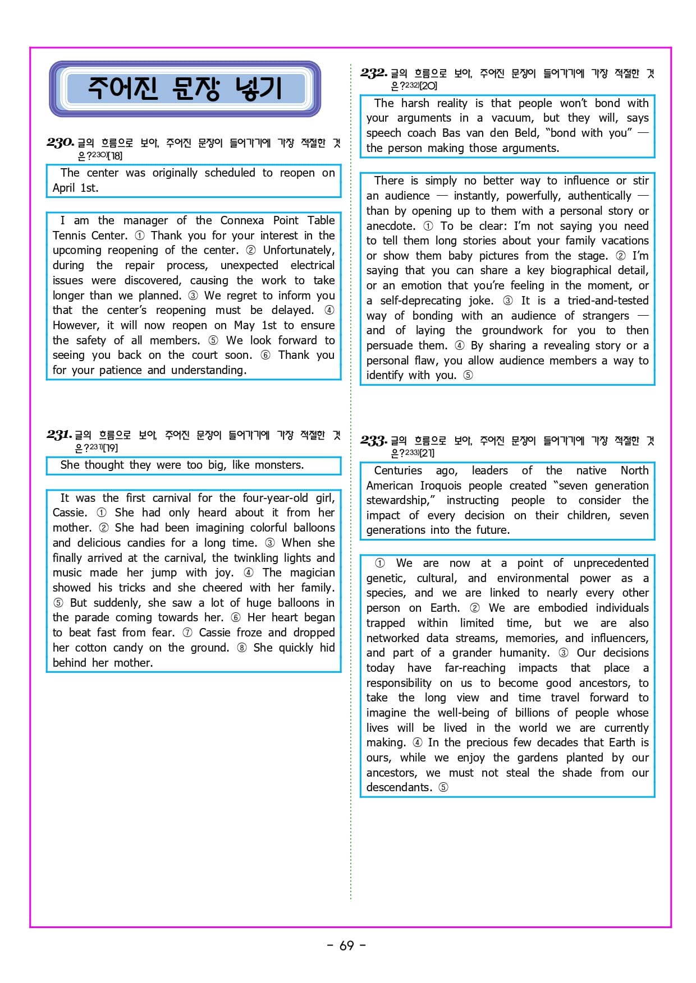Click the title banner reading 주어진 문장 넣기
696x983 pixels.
pos(185,89)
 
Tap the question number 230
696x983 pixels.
pos(60,142)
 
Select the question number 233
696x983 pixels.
pos(374,441)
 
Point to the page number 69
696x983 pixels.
pos(347,945)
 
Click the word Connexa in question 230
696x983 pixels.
pos(242,220)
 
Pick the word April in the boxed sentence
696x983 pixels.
pos(63,188)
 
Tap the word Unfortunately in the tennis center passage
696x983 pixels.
pos(298,250)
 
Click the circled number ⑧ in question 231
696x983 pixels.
pos(242,648)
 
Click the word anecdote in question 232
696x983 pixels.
pos(391,226)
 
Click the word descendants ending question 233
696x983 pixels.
pos(399,787)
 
